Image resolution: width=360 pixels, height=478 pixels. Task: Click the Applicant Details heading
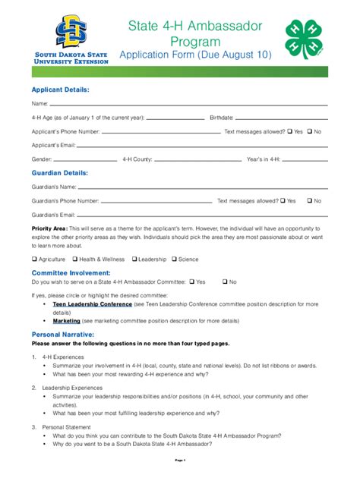click(60, 90)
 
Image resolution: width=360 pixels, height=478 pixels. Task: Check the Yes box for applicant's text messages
click(290, 131)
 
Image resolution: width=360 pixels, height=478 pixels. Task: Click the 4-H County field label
click(137, 160)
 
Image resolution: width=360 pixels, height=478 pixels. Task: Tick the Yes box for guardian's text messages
click(283, 201)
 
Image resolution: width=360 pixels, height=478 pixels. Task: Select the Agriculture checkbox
click(34, 259)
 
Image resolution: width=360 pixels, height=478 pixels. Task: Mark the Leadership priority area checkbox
click(134, 259)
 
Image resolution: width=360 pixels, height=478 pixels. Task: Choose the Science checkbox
click(175, 259)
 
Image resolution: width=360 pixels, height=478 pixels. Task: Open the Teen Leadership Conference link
click(92, 303)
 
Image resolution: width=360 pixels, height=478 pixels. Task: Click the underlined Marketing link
click(66, 321)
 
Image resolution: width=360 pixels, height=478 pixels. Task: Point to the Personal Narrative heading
click(62, 334)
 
